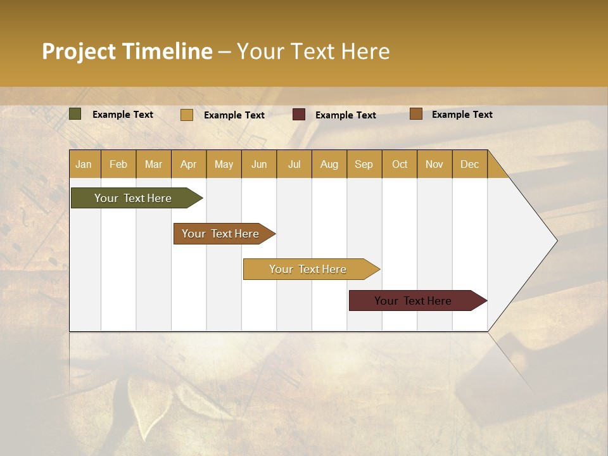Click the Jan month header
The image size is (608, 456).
point(84,164)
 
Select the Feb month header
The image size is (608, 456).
point(118,164)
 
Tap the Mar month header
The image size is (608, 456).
point(153,164)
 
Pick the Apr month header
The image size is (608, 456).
point(189,164)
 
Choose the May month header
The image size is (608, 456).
point(224,164)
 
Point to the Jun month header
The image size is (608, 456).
point(259,164)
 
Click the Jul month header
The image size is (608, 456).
point(294,164)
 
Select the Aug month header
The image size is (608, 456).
point(329,164)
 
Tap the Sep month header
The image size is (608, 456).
point(364,164)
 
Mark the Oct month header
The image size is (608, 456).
point(400,164)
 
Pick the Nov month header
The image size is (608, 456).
point(434,164)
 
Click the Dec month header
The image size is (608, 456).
point(469,164)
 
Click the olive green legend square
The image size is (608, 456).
point(75,114)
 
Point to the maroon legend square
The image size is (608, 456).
point(299,115)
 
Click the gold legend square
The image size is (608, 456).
point(187,115)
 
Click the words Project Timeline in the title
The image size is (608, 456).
point(127,51)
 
